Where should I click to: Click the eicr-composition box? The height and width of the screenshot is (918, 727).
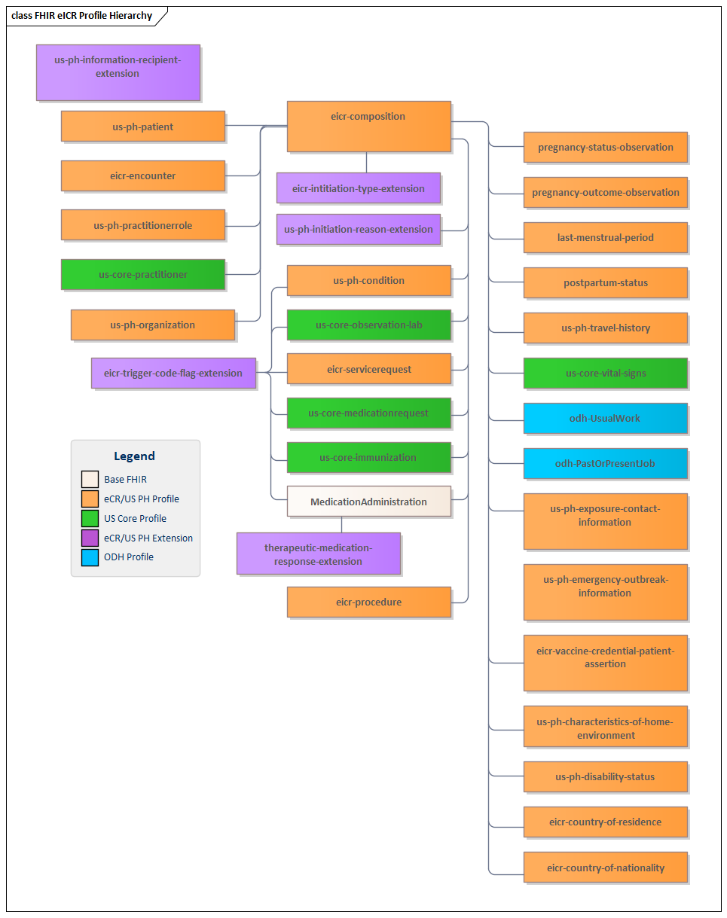tap(368, 126)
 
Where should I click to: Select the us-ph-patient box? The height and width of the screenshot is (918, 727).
tap(142, 127)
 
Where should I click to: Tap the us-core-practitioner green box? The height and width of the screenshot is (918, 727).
tap(142, 274)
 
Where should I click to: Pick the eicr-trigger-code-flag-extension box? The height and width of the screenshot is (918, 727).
tap(173, 373)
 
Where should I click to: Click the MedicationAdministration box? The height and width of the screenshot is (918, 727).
tap(368, 502)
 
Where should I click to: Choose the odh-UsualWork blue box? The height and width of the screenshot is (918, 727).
tap(605, 418)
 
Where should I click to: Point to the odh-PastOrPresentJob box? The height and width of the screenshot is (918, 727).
tap(605, 463)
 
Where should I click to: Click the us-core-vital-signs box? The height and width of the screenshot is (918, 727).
tap(605, 373)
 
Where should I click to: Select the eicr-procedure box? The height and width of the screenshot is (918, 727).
tap(368, 602)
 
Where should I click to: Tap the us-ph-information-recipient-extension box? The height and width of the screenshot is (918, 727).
tap(118, 72)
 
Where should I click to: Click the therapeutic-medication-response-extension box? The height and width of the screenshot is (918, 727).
tap(318, 554)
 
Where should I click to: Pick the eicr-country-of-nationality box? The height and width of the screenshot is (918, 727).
tap(605, 868)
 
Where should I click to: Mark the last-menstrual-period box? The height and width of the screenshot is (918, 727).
tap(605, 237)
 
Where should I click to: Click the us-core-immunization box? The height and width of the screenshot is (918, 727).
tap(368, 457)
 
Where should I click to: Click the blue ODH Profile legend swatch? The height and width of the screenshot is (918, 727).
tap(90, 557)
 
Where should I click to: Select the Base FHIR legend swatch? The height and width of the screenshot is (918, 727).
tap(90, 479)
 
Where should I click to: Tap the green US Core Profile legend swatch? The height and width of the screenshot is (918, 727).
tap(90, 518)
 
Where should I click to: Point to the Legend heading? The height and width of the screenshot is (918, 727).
tap(134, 456)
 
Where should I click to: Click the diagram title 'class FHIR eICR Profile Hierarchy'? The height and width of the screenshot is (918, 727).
tap(81, 15)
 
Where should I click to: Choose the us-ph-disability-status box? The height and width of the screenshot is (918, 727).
tap(605, 776)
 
